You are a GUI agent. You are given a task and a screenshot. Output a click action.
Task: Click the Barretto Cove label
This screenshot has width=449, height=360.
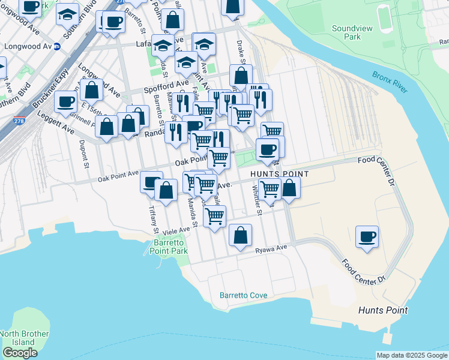tap(243, 296)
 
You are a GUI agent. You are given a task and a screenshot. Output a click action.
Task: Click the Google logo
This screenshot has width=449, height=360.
tap(20, 353)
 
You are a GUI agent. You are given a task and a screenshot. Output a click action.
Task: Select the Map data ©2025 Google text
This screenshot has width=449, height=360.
tap(412, 355)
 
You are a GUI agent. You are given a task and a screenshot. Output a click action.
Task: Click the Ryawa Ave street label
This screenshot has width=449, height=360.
tap(271, 249)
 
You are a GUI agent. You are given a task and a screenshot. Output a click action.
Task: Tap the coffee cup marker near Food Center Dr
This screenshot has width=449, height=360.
tap(367, 236)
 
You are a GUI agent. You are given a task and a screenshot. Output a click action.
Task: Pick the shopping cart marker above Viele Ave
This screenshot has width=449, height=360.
tap(214, 216)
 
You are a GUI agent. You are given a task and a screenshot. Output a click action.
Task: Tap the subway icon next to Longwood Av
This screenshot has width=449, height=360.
tap(56, 46)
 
